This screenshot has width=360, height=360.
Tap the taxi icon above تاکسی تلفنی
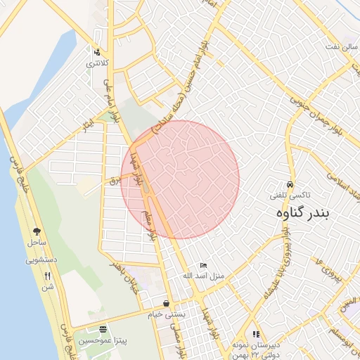[290, 179]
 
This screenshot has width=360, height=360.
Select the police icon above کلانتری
[96, 51]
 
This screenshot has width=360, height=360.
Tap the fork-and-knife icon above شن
[47, 276]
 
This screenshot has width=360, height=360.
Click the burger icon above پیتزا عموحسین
[103, 328]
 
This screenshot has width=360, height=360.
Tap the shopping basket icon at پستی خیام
[165, 303]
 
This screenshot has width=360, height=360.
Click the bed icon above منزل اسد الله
[203, 265]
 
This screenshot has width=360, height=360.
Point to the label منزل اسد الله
[203, 276]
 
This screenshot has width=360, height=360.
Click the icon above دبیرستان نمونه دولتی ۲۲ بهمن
[256, 335]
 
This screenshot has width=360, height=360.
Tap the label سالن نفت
[342, 46]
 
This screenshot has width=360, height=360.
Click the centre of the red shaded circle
[180, 179]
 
